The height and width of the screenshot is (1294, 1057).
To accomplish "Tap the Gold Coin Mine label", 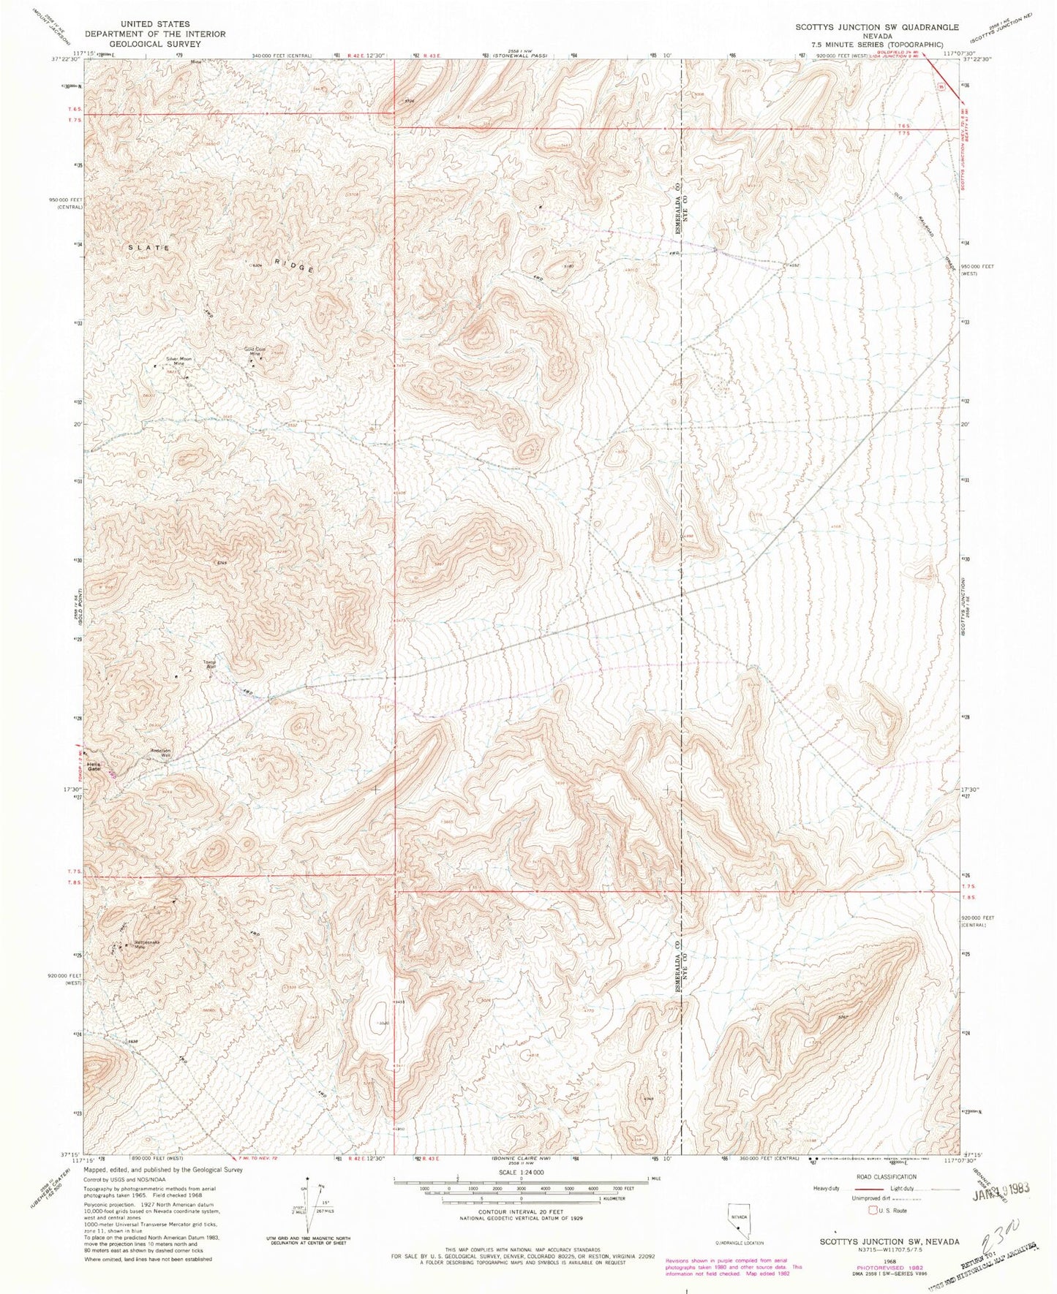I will pos(255,352).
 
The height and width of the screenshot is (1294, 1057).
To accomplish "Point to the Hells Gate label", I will pos(94,767).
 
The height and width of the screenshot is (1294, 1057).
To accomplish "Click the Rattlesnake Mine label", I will pos(146,945).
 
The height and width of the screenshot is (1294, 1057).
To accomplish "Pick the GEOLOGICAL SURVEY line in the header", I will pos(154,44).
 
